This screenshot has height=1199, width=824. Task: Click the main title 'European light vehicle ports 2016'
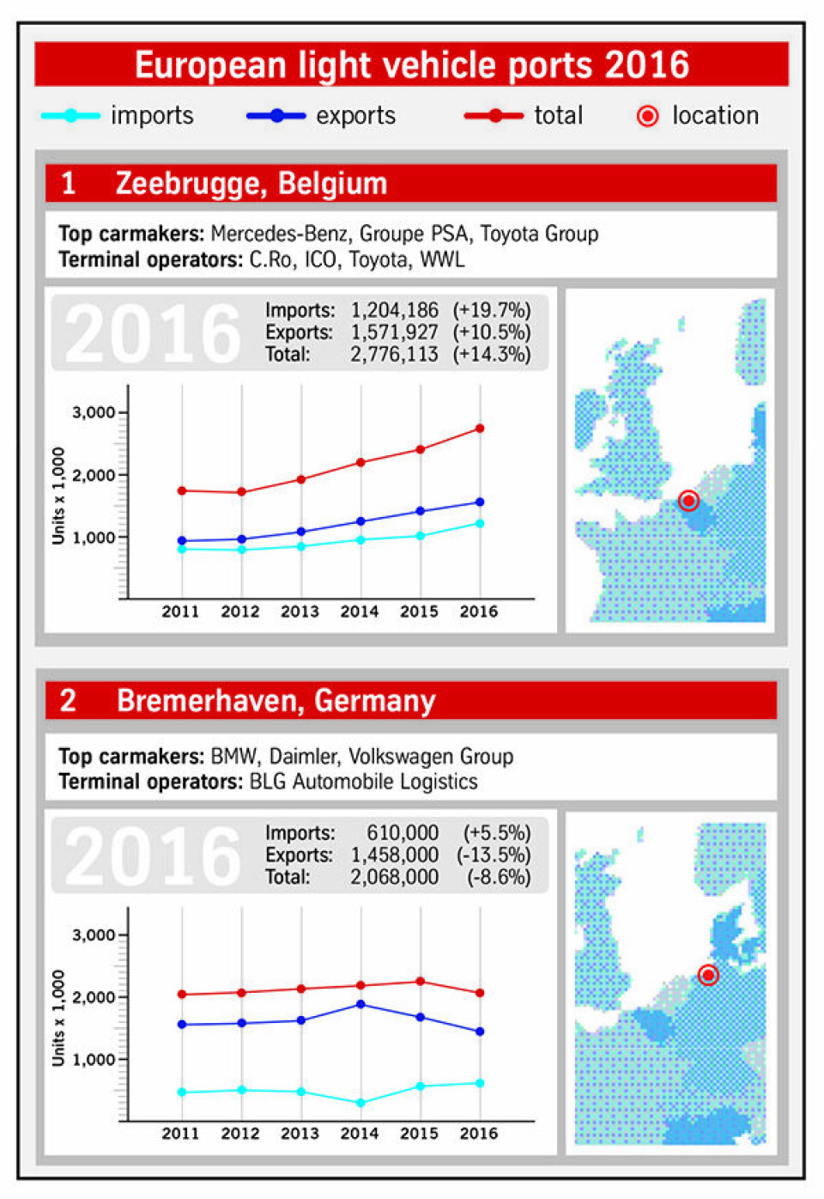tap(411, 65)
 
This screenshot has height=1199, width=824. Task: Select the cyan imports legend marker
tap(70, 116)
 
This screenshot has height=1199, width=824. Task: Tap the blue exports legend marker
tap(276, 116)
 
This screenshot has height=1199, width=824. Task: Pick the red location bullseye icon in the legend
tap(648, 116)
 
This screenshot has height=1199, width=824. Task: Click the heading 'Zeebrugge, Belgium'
tap(251, 184)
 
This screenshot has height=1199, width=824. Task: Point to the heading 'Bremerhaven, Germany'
tap(276, 701)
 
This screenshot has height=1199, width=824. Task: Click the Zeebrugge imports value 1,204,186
tap(394, 310)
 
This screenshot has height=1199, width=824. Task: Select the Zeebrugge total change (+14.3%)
tap(492, 354)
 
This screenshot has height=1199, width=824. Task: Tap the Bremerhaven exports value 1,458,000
tap(394, 855)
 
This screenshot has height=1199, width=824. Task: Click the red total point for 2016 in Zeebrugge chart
tap(480, 428)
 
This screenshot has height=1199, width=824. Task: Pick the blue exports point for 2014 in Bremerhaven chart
tap(360, 1004)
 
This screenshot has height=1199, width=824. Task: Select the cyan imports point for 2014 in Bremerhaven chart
tap(360, 1103)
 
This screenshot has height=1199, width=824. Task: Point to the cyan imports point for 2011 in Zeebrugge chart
tap(181, 549)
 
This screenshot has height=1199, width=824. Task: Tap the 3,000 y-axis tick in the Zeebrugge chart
tap(94, 412)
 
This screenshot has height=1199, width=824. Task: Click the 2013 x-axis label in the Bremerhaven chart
tap(300, 1134)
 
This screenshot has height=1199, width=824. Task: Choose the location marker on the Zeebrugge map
tap(688, 501)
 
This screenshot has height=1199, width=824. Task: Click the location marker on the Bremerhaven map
tap(708, 975)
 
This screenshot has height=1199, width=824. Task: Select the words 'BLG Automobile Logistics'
tap(363, 782)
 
